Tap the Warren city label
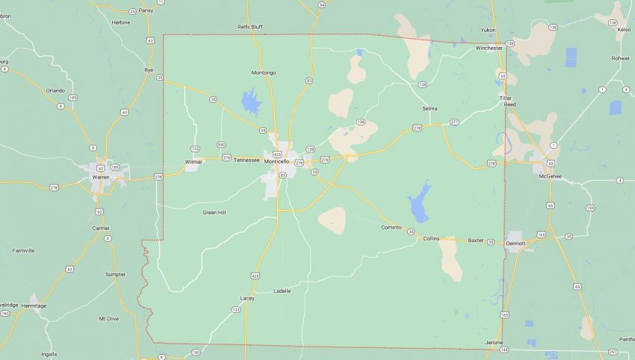(100, 177)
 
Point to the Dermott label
(515, 243)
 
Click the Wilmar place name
(193, 161)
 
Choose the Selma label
(430, 108)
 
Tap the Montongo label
(264, 72)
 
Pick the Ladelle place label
(282, 291)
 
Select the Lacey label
(247, 298)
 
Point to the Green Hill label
(214, 213)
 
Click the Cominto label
(391, 227)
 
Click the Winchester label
(489, 48)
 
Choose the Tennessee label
(247, 160)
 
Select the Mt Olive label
(108, 318)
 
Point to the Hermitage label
(34, 305)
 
